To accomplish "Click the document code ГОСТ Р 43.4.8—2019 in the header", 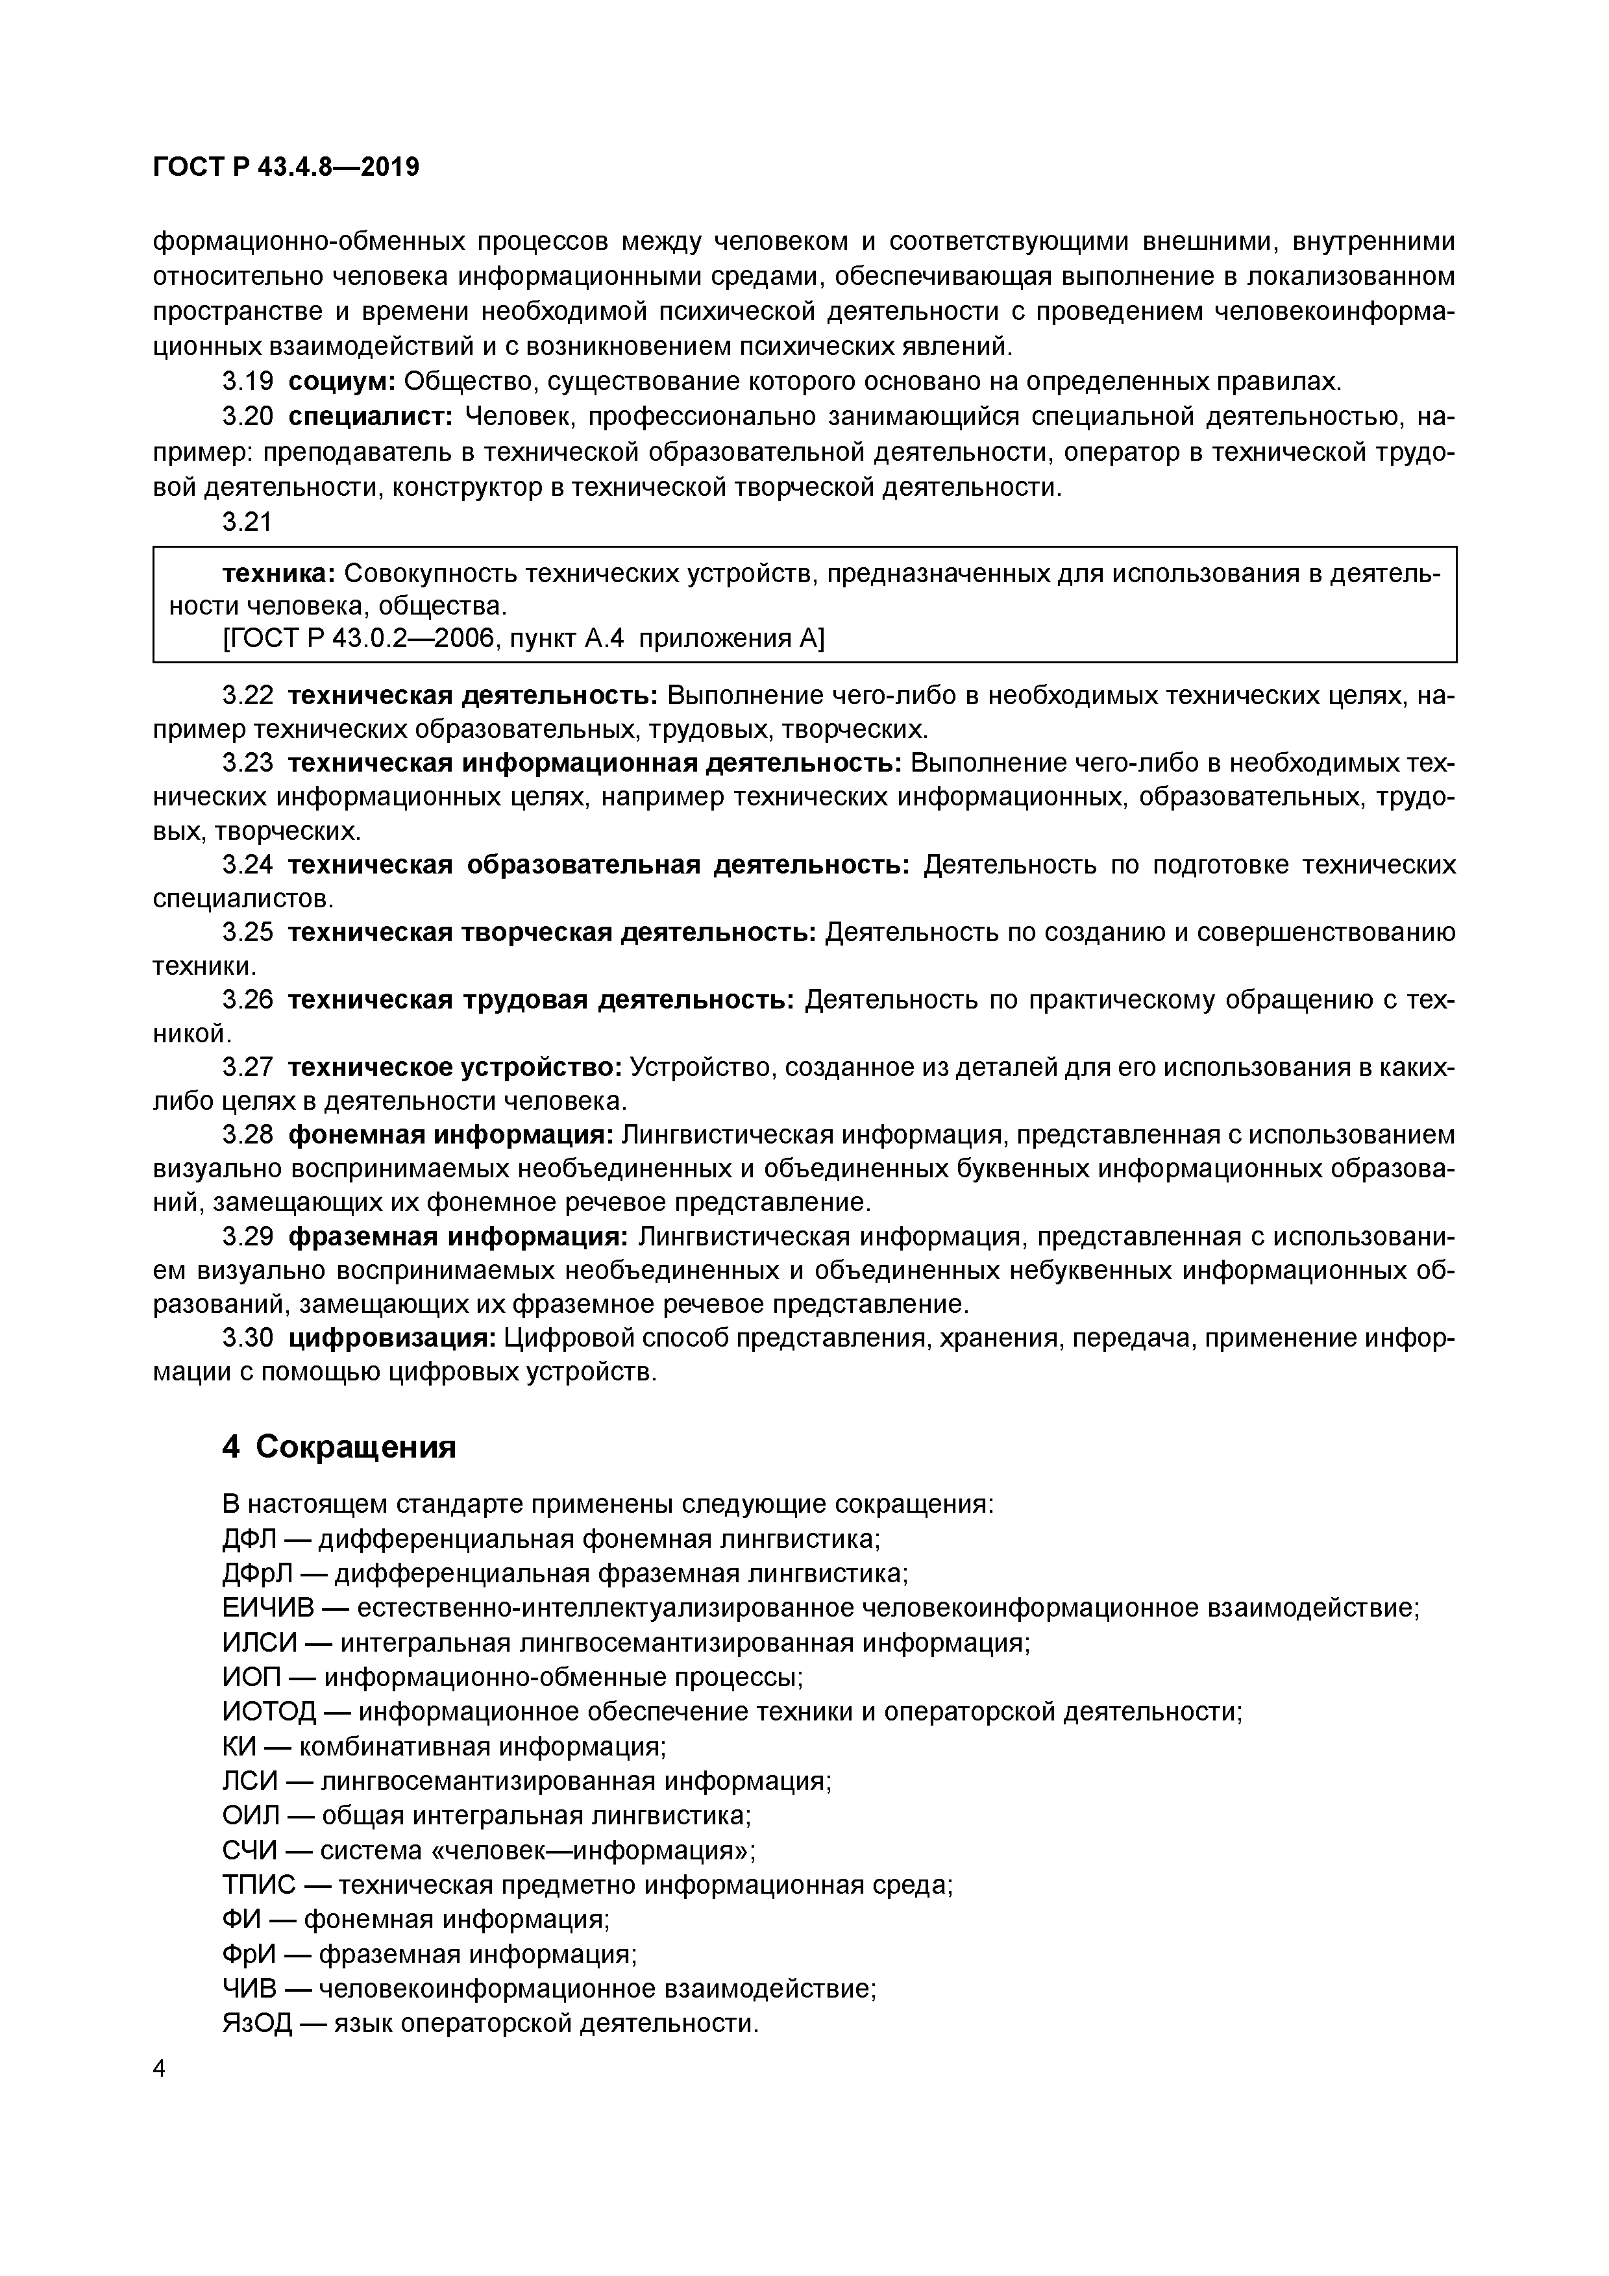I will tap(286, 167).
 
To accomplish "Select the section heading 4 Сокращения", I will tap(339, 1447).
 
